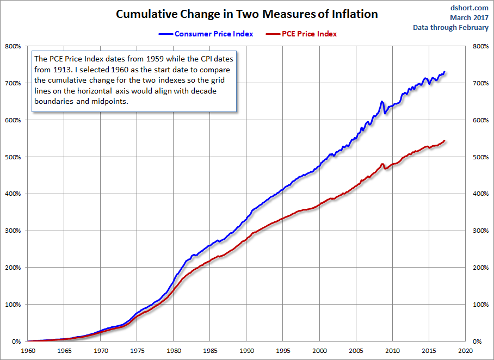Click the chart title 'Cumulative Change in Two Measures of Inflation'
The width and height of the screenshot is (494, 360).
[x=246, y=14]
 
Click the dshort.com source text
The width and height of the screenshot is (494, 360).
[x=469, y=8]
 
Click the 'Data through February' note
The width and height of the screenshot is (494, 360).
[x=451, y=27]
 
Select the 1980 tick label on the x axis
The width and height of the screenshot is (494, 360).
[x=174, y=351]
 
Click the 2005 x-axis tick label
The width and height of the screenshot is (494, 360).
[x=356, y=351]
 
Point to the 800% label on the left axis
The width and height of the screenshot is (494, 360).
[x=13, y=46]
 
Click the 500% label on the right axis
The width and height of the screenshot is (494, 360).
[x=481, y=157]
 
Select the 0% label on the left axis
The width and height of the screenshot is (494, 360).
[x=16, y=342]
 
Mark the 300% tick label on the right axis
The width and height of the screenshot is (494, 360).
[x=481, y=231]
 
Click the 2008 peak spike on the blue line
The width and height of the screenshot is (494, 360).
[x=382, y=102]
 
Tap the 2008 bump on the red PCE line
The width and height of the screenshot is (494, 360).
[x=382, y=164]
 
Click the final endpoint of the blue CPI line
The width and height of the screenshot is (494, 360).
[x=444, y=72]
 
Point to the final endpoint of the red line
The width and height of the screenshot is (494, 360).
[x=444, y=141]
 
